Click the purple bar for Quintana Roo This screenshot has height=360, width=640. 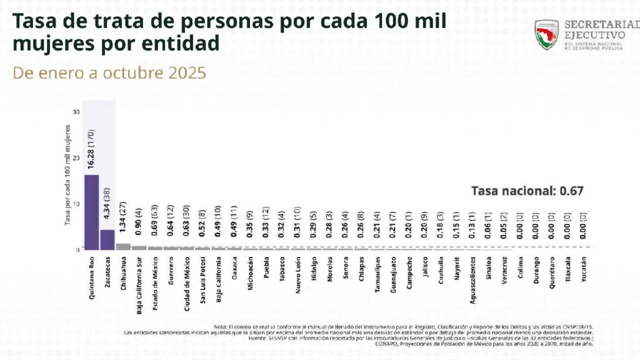[91, 211]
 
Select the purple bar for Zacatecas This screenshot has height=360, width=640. [107, 239]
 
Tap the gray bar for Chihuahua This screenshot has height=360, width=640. [123, 246]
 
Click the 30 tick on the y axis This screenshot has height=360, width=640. [76, 112]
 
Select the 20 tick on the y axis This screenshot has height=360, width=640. [76, 157]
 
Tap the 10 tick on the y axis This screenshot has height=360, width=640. [76, 203]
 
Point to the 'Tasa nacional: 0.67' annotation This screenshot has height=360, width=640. [527, 191]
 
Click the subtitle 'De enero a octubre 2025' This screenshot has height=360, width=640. [110, 73]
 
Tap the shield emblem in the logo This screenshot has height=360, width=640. [546, 35]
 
